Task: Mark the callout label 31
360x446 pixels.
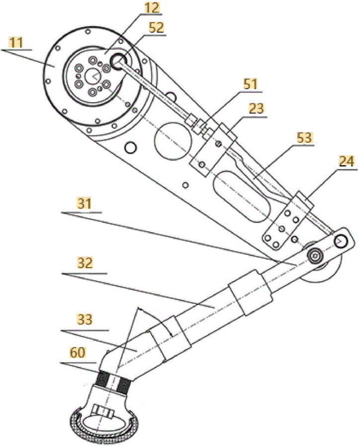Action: pos(84,203)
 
